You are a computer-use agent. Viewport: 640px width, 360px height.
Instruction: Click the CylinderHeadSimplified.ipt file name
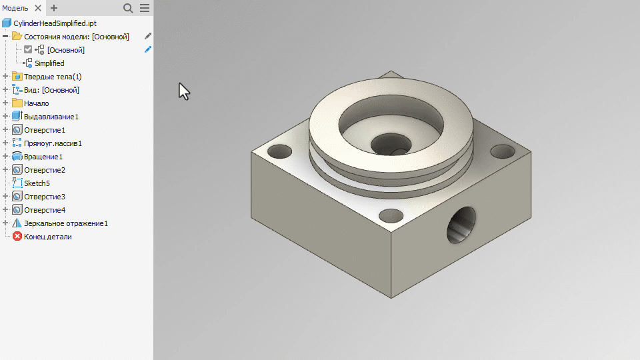coord(55,23)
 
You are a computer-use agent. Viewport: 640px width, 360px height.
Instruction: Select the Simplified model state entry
coord(49,63)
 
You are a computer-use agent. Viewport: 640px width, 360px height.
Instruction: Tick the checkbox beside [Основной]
coord(28,49)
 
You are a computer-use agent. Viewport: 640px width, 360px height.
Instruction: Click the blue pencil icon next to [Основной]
coord(148,49)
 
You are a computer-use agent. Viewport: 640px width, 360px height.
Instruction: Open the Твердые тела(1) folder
coord(53,77)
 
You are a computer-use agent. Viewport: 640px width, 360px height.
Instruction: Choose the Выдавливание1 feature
coord(51,117)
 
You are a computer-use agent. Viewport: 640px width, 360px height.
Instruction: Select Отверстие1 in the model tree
coord(45,130)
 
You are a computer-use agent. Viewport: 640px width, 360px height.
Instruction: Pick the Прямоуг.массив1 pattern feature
coord(53,143)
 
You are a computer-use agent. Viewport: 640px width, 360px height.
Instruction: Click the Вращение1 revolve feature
coord(43,157)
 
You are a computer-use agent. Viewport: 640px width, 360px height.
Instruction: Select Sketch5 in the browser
coord(37,183)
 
